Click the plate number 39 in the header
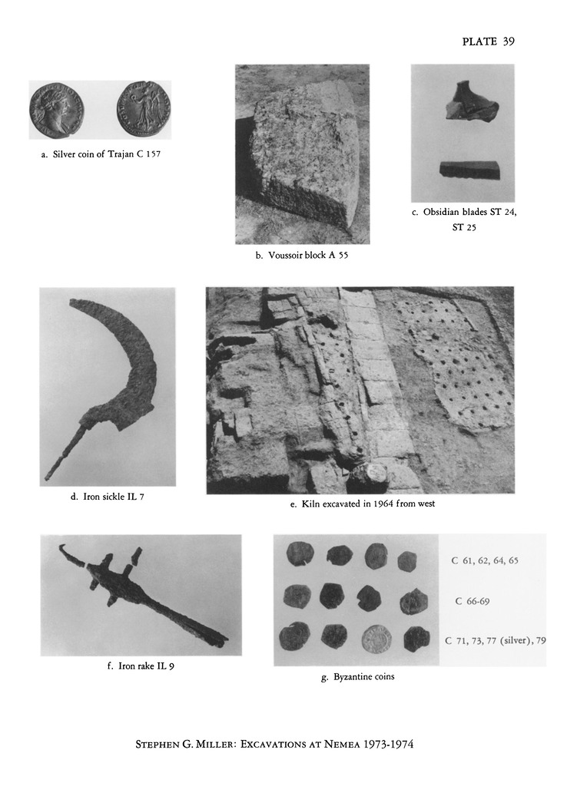point(509,41)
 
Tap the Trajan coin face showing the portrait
point(56,110)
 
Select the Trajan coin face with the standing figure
point(145,109)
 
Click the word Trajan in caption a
point(121,154)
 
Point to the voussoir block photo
point(303,154)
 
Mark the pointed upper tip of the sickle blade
point(71,301)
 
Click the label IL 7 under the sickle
point(135,497)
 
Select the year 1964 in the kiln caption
point(383,504)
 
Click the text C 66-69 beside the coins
point(473,601)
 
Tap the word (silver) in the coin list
point(516,641)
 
